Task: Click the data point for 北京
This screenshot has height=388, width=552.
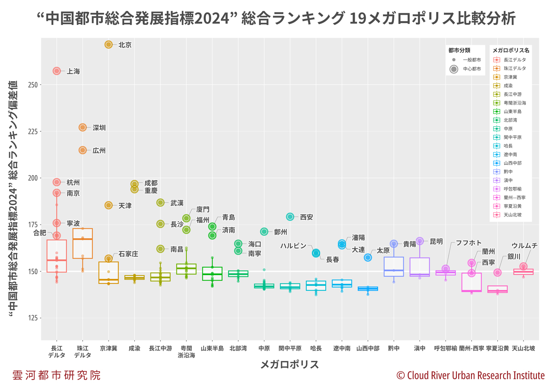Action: tap(109, 45)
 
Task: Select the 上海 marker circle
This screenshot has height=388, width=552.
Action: tap(57, 71)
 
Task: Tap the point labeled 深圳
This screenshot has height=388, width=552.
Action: tap(83, 128)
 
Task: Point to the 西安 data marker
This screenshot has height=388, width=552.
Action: tap(290, 217)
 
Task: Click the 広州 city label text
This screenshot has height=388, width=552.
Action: tap(99, 151)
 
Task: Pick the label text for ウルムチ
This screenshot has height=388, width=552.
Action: tap(524, 246)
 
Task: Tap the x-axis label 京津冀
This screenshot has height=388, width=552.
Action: tap(109, 348)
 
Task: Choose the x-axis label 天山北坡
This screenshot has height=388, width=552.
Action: tap(523, 348)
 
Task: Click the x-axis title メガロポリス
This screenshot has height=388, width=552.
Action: tap(290, 364)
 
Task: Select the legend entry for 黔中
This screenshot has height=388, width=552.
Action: tap(509, 171)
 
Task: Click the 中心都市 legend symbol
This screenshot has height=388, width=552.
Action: tap(454, 69)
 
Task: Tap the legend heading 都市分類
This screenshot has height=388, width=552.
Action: tap(459, 50)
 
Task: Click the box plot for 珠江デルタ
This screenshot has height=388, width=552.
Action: tap(83, 243)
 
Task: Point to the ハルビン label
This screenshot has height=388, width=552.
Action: tap(293, 246)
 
